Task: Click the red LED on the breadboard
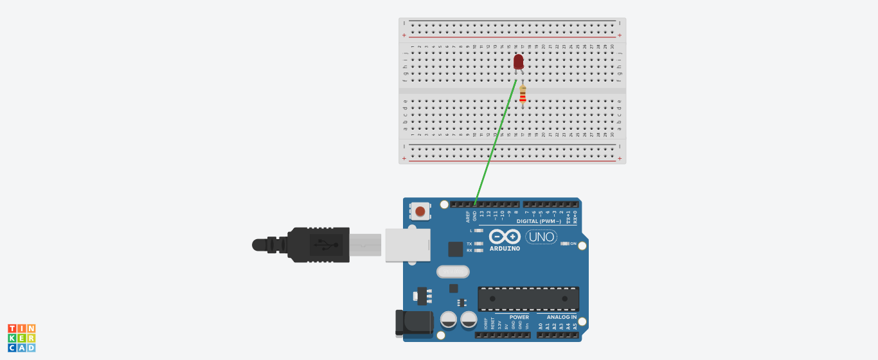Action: pyautogui.click(x=519, y=62)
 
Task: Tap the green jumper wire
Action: pyautogui.click(x=496, y=141)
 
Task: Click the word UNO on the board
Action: pyautogui.click(x=541, y=237)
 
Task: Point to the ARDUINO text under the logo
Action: pyautogui.click(x=505, y=249)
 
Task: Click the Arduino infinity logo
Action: pyautogui.click(x=505, y=237)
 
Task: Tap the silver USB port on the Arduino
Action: pyautogui.click(x=407, y=244)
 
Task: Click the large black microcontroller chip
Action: pyautogui.click(x=528, y=299)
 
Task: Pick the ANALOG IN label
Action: pyautogui.click(x=561, y=317)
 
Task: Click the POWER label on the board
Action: pyautogui.click(x=519, y=317)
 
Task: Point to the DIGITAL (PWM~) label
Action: pyautogui.click(x=539, y=221)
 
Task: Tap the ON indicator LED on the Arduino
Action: pyautogui.click(x=565, y=244)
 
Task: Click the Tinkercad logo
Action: pyautogui.click(x=21, y=338)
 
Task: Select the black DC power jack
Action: pyautogui.click(x=414, y=322)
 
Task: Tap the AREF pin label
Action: pyautogui.click(x=469, y=217)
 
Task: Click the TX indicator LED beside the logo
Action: pyautogui.click(x=479, y=244)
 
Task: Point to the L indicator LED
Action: pyautogui.click(x=479, y=230)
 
